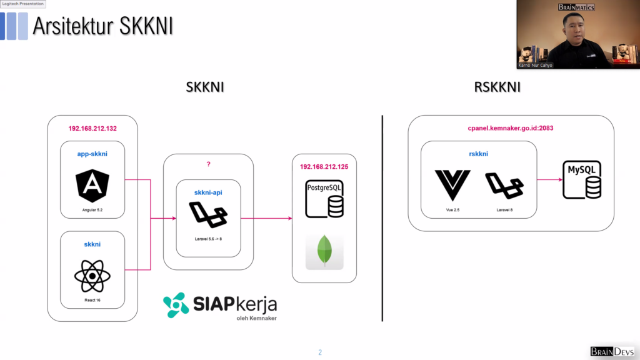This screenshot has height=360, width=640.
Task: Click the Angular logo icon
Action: point(92,186)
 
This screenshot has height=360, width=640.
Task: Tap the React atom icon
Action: point(92,276)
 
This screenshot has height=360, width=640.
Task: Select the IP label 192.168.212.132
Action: point(92,129)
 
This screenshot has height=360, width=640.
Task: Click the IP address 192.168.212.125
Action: point(324,167)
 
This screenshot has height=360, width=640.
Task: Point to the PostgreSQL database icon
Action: point(324,198)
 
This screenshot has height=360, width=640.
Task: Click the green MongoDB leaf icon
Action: point(324,251)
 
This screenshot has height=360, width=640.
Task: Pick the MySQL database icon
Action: point(582,179)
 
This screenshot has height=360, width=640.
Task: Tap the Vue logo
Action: point(452,185)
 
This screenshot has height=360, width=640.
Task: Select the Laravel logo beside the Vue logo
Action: point(504,186)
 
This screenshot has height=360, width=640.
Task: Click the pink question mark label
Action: point(208,164)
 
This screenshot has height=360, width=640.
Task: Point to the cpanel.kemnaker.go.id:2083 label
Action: point(511,128)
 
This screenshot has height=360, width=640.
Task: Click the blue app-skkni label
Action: point(92,153)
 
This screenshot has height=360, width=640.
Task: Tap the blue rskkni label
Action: point(478,153)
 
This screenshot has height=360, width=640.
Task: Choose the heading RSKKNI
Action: point(497,87)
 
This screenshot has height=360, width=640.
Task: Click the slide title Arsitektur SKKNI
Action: point(102,26)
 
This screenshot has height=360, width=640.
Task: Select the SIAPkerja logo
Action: point(220,306)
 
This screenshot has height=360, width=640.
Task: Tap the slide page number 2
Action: point(320,352)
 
